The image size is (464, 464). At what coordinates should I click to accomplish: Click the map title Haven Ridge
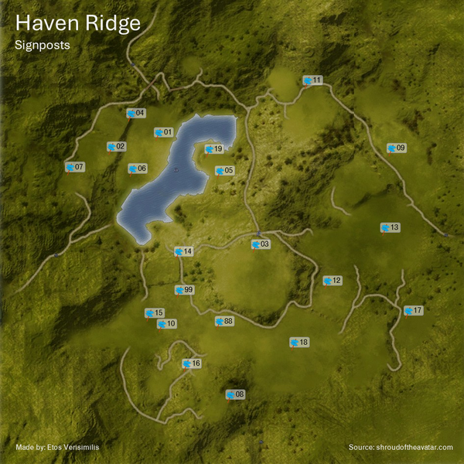78,23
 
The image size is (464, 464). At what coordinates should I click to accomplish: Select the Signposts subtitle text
43,45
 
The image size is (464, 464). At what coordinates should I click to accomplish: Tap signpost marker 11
312,80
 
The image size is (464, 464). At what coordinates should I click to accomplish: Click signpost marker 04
135,114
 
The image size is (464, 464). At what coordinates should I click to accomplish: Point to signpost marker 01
163,132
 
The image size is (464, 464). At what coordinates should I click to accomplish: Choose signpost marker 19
214,149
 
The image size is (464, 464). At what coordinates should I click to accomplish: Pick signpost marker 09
396,148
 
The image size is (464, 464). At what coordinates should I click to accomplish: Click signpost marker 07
74,167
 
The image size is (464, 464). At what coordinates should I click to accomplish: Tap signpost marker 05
224,171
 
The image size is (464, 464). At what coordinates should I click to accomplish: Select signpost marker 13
390,227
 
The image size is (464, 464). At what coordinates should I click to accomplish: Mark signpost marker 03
261,244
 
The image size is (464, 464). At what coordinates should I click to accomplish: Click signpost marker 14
183,251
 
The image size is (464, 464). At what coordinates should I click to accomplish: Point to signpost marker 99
184,290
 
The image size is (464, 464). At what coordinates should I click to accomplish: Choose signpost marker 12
332,281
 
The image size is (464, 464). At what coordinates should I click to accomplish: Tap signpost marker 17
413,311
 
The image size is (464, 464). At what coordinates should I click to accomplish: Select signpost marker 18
299,342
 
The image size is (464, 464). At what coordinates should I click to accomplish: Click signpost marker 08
234,395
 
